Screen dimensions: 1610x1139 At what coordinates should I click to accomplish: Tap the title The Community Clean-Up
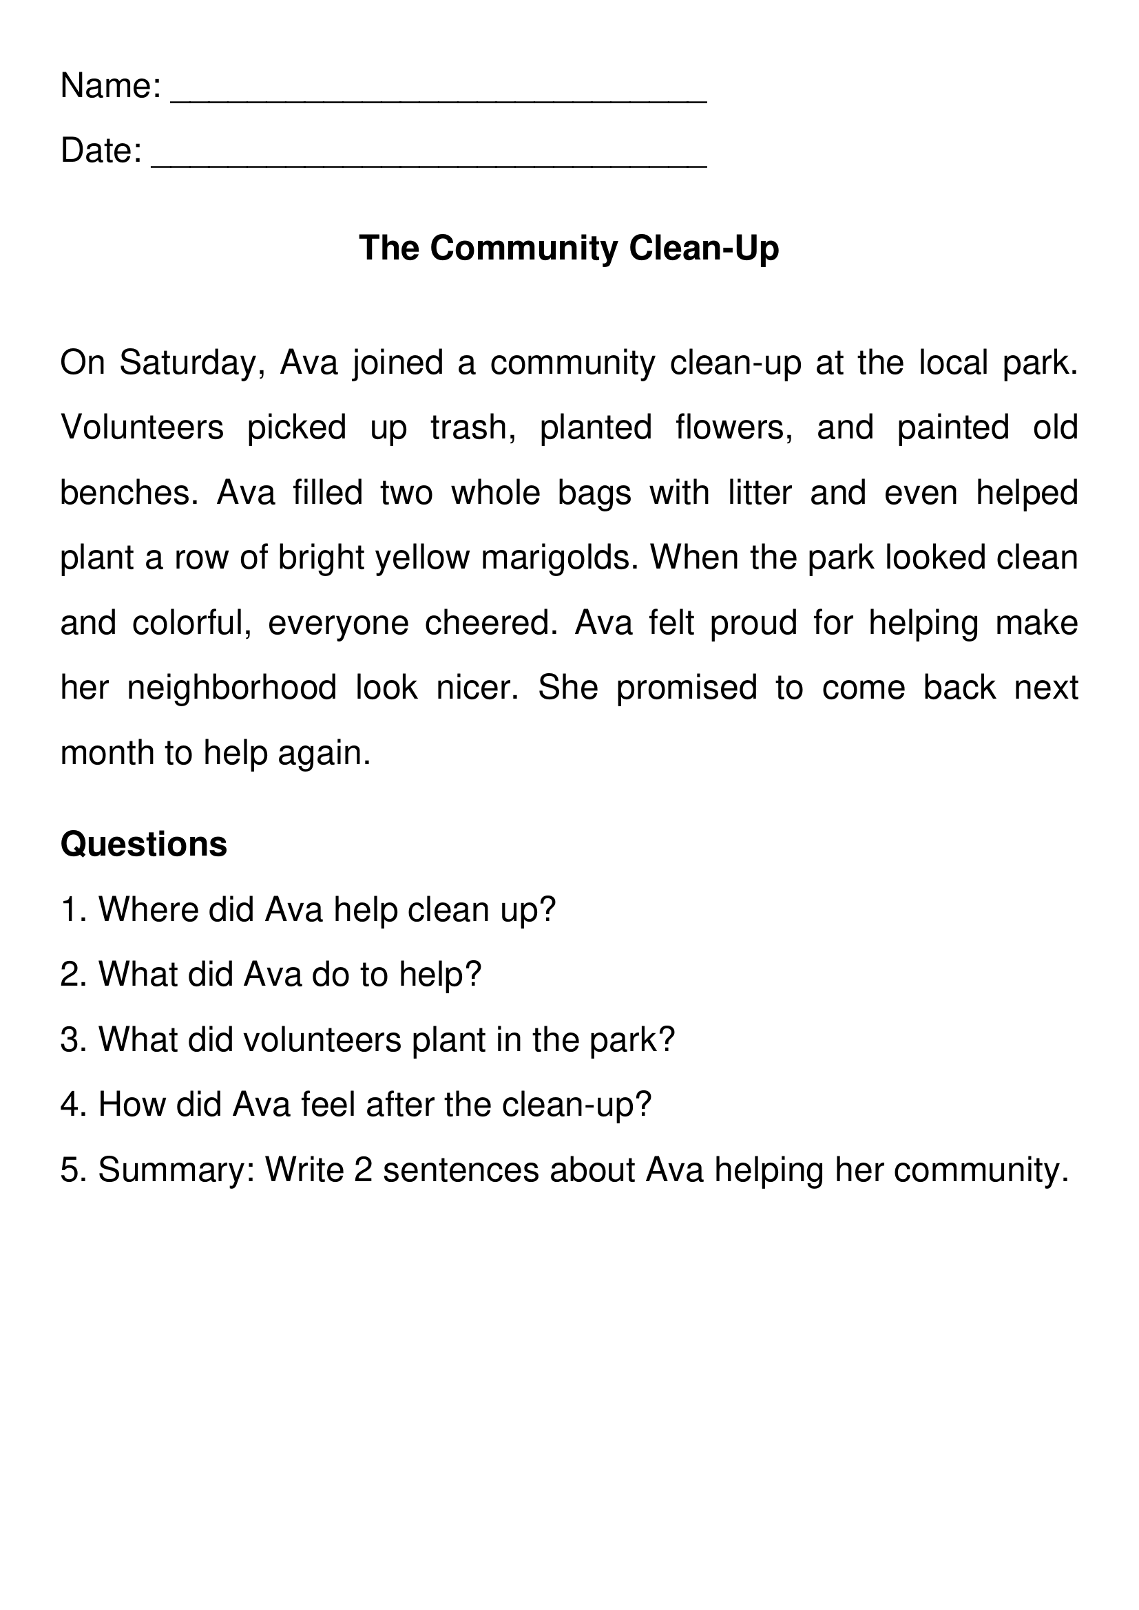tap(569, 248)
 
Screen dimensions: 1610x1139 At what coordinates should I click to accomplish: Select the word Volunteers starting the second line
tap(143, 427)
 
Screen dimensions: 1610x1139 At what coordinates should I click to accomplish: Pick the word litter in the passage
tap(760, 493)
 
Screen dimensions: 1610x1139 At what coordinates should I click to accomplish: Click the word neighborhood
tap(232, 688)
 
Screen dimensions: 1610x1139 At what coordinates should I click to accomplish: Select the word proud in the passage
tap(754, 623)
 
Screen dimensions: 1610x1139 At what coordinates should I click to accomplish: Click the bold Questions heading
tap(144, 845)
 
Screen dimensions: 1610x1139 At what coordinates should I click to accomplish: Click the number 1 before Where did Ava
tap(70, 910)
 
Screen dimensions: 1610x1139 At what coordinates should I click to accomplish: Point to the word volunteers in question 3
tap(322, 1040)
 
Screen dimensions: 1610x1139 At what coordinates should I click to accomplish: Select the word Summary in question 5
tap(177, 1170)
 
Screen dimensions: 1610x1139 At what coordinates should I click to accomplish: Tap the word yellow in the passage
tap(422, 558)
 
